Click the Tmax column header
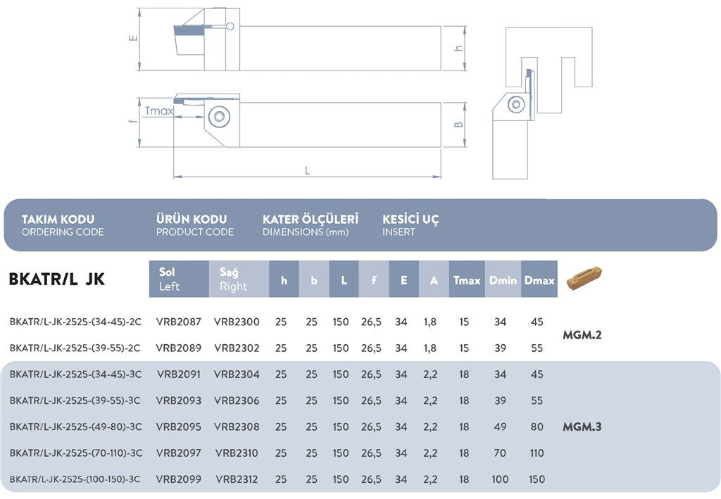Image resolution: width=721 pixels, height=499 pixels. coord(467,279)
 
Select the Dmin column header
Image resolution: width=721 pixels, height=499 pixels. coord(503,279)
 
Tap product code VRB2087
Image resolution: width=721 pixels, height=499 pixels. coord(179,322)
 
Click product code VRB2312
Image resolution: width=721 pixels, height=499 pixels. coord(237,479)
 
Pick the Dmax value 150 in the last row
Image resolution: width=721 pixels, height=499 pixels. coord(537,479)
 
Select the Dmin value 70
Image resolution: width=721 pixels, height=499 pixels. coord(500,453)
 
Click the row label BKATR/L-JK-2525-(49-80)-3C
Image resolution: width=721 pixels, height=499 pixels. coord(76,427)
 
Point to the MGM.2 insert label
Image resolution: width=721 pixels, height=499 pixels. coord(582,335)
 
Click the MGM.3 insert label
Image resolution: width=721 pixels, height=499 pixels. coord(582,427)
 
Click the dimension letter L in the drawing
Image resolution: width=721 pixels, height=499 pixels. coord(307,170)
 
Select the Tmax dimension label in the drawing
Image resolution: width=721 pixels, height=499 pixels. coord(159,111)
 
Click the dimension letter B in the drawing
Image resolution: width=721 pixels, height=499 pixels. coord(458,125)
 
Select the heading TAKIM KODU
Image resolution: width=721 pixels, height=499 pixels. coord(58,220)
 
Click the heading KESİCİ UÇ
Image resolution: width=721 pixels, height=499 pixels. coord(410,220)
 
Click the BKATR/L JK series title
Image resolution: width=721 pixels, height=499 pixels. coord(56,279)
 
